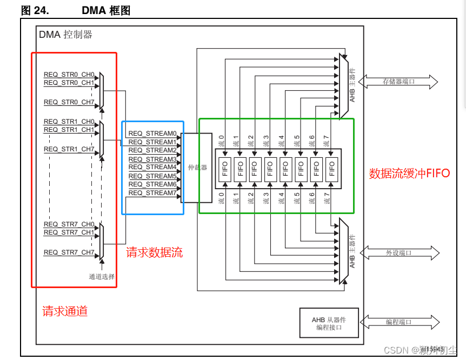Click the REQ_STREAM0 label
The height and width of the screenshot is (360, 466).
(x=152, y=134)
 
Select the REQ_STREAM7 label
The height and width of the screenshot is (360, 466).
(x=152, y=193)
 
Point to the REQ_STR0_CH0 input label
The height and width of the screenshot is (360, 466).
(x=69, y=75)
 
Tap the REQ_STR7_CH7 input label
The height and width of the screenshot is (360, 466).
(x=69, y=252)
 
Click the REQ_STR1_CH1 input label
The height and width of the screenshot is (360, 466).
(x=69, y=130)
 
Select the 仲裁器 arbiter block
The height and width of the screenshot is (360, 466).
(x=197, y=168)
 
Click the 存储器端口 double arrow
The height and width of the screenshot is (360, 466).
(x=398, y=82)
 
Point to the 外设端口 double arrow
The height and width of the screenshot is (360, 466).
(x=398, y=252)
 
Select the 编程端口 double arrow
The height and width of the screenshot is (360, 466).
(x=398, y=322)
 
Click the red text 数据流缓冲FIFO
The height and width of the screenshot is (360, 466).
(x=409, y=174)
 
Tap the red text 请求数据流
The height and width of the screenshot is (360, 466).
(x=154, y=252)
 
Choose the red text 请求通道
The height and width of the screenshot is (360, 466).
(x=65, y=311)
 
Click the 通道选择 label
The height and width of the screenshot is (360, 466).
(x=102, y=277)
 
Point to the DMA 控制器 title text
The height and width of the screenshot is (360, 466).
(x=65, y=35)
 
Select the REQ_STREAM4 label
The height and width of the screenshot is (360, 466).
(x=152, y=168)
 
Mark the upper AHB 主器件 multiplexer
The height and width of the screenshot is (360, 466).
(x=343, y=85)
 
